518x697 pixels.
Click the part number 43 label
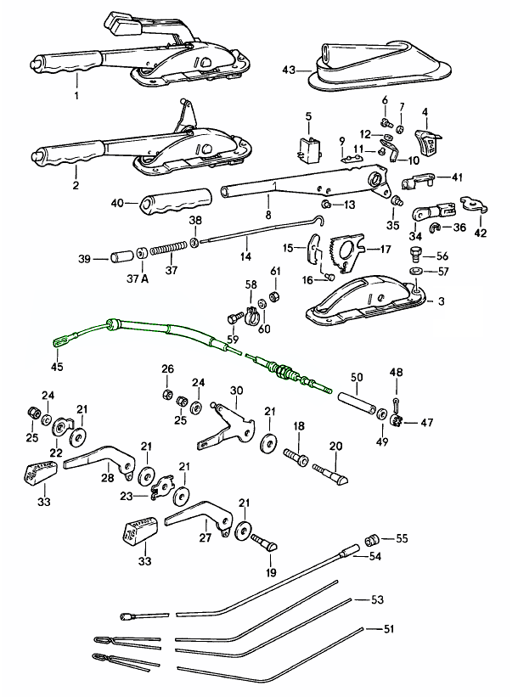(287, 70)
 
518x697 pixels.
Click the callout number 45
(57, 368)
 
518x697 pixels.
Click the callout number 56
(442, 255)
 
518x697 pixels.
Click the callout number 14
(245, 255)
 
